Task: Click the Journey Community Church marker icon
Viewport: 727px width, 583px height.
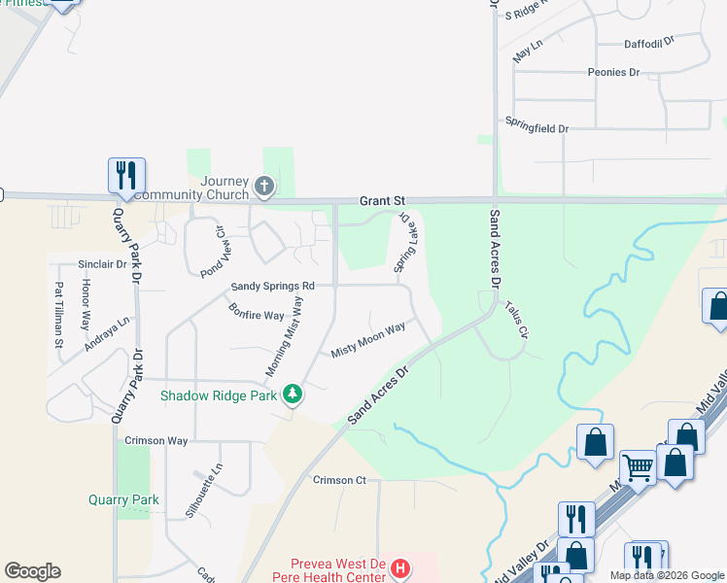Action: point(263,185)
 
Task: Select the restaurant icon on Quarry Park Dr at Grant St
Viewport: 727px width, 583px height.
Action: point(126,175)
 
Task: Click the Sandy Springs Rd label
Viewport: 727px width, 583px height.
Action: point(272,287)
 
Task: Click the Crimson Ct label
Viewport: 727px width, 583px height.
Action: point(339,480)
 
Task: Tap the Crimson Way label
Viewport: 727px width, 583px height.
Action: point(162,440)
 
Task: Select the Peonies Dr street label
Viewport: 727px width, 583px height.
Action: point(613,72)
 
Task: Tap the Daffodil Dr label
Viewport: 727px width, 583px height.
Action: point(648,44)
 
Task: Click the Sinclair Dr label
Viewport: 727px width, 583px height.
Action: point(102,264)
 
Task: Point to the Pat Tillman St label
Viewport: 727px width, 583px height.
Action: point(59,315)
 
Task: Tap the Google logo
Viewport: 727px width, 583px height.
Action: point(32,571)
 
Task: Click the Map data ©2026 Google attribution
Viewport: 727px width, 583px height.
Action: point(666,575)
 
